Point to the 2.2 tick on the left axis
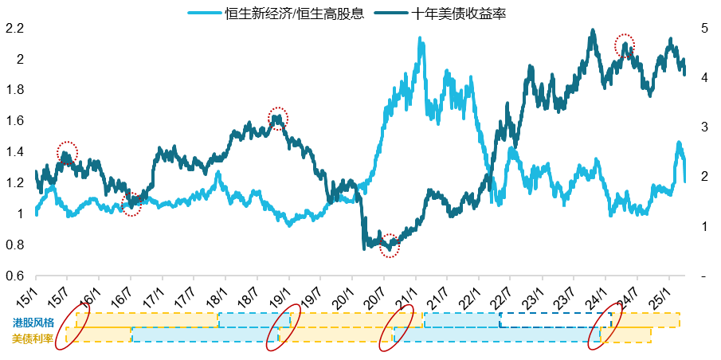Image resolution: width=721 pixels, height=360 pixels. [15, 29]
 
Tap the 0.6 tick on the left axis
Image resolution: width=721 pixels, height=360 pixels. [15, 276]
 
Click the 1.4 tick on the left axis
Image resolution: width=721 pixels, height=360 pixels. [15, 152]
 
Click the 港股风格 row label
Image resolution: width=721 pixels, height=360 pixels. [33, 323]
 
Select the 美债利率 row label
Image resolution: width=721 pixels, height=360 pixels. [33, 338]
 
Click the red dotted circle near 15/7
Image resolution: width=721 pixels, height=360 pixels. [68, 152]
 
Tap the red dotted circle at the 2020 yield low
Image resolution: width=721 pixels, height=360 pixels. [389, 245]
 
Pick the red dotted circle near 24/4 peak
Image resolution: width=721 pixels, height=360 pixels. [625, 45]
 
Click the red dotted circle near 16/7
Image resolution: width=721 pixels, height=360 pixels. [131, 205]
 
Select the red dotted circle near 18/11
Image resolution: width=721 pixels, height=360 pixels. [277, 118]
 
